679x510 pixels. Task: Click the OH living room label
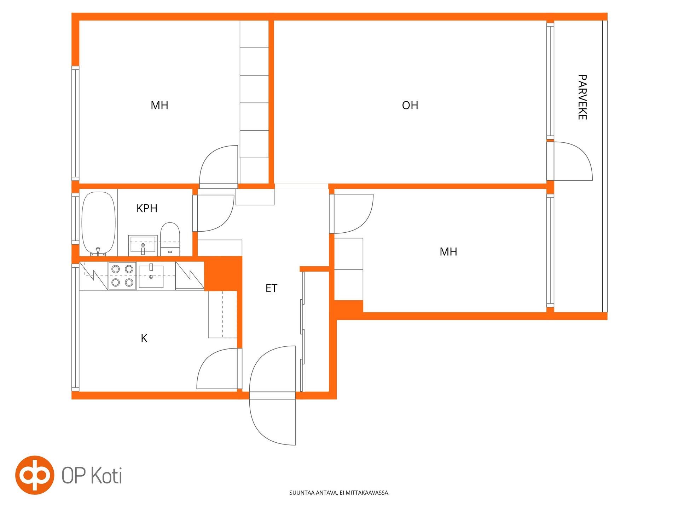[410, 105]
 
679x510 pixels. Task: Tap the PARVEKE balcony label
[582, 97]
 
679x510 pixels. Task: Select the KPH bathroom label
[147, 208]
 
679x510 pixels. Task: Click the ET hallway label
[271, 288]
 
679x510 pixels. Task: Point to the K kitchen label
[144, 338]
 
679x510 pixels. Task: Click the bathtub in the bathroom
[99, 223]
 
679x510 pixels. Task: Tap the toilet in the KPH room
[170, 239]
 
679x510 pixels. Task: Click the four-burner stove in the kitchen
[122, 276]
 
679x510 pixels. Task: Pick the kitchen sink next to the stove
[151, 276]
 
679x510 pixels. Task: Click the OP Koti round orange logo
[35, 475]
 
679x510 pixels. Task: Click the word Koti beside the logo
[107, 475]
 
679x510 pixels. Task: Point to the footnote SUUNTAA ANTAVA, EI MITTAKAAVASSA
[339, 493]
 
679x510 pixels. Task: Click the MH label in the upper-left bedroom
[159, 105]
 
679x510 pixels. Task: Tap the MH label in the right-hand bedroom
[448, 251]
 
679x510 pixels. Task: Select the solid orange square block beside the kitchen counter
[223, 273]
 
